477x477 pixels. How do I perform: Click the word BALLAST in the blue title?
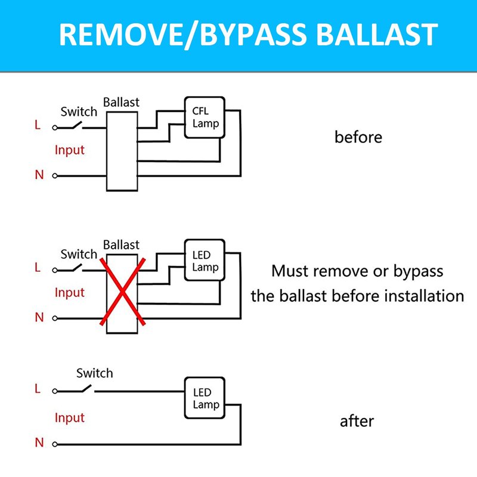coord(377,35)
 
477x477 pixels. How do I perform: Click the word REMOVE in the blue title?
coord(120,35)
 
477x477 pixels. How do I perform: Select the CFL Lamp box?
coord(205,117)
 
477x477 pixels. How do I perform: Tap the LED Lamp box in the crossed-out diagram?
coord(205,260)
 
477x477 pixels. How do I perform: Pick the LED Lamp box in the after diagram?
coord(205,398)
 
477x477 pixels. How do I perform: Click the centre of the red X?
coord(122,292)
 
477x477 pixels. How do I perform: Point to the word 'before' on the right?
coord(358,137)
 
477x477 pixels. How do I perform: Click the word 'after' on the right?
coord(357,422)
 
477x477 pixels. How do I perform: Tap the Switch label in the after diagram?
coord(95,373)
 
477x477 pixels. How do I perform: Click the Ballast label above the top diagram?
coord(121,102)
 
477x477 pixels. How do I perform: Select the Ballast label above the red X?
coord(121,244)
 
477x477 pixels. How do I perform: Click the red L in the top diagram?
coord(38,125)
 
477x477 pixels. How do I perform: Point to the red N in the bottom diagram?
coord(39,442)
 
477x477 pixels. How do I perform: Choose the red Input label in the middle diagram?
coord(70,293)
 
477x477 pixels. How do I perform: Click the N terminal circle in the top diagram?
coord(55,176)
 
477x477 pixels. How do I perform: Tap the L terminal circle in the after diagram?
coord(55,391)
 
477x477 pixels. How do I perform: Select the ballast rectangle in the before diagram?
coord(122,151)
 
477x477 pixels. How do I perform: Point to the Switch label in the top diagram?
coord(79,111)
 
